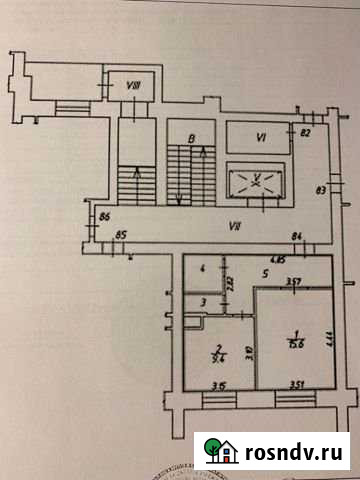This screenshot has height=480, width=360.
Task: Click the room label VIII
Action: coord(131,87)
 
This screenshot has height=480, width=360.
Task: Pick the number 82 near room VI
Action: coord(307,133)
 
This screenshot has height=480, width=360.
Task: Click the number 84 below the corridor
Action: coord(297,235)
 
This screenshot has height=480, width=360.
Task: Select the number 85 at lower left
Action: coord(121,235)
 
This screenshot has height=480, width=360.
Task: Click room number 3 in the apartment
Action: coord(202,302)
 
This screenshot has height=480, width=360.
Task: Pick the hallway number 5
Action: coord(264,273)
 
